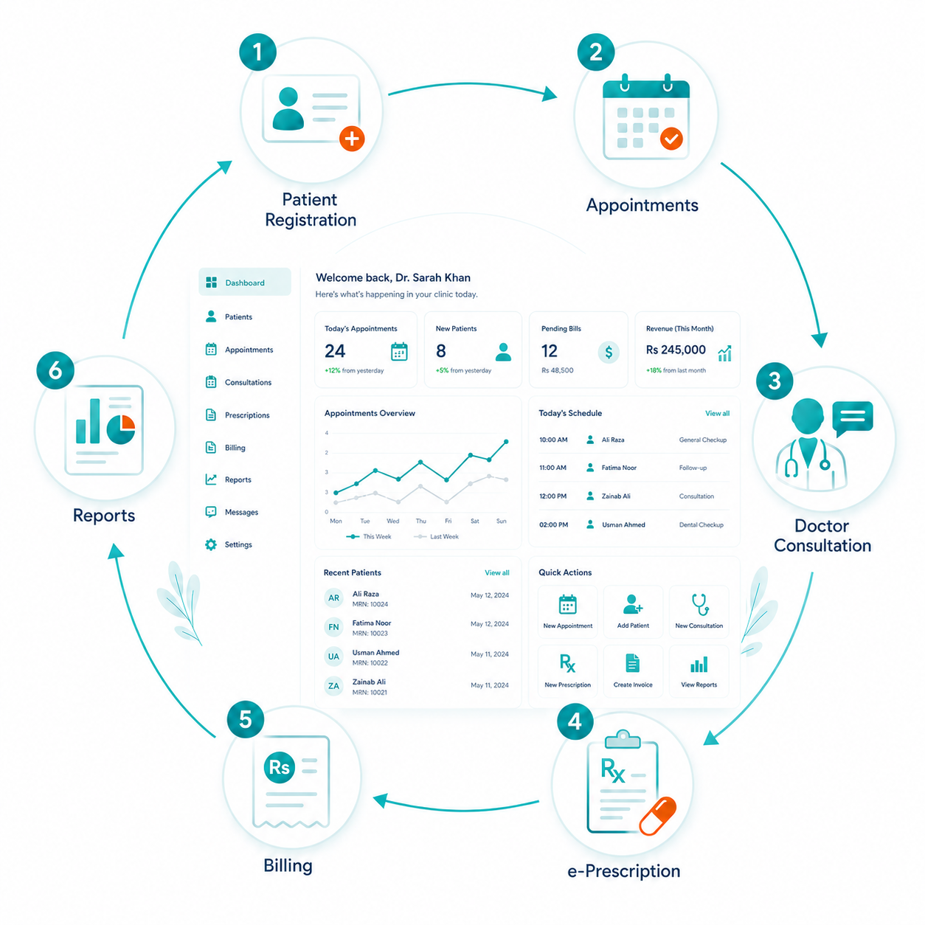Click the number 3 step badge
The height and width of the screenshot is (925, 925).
click(774, 381)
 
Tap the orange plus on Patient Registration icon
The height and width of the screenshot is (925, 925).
click(352, 139)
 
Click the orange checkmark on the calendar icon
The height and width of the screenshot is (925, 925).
click(671, 139)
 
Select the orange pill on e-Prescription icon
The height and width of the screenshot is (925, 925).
click(658, 816)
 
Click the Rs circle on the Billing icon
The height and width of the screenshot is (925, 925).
click(279, 767)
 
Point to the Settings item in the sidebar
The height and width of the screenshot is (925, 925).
click(229, 544)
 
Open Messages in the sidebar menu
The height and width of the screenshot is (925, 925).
click(232, 512)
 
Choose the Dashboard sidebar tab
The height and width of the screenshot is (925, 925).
click(245, 283)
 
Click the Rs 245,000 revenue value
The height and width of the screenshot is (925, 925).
click(676, 350)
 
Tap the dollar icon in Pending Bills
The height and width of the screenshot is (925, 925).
click(609, 353)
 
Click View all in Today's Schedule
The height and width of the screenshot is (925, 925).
click(717, 413)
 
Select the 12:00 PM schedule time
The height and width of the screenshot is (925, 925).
click(552, 496)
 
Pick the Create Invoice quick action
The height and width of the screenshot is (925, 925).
click(633, 671)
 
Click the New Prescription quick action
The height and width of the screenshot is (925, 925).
click(567, 671)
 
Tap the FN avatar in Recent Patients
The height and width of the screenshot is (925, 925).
click(333, 627)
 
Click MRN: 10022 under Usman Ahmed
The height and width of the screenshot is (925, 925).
click(370, 663)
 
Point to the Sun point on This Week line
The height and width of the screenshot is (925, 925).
click(506, 442)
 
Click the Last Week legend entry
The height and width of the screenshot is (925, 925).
click(436, 537)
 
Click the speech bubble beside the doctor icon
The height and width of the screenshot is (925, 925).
click(852, 418)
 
